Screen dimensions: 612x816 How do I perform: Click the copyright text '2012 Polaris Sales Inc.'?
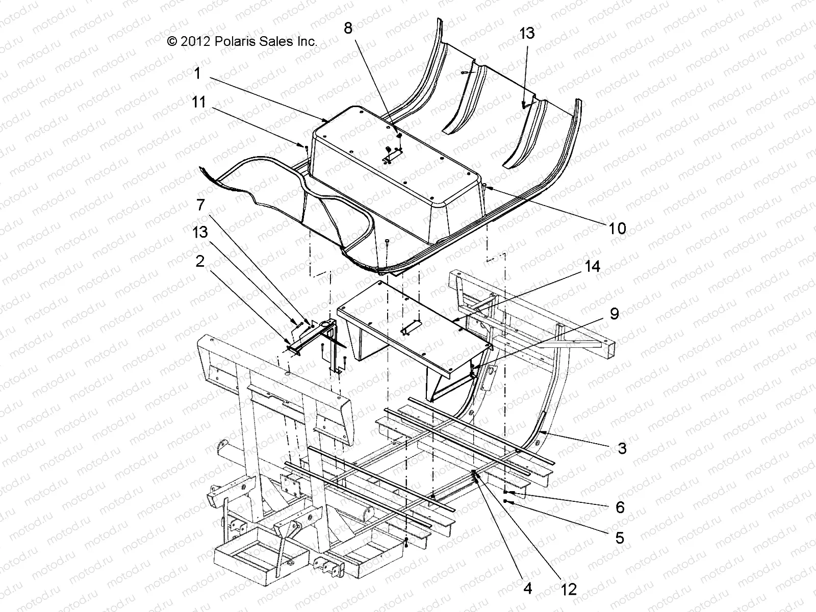coord(243,42)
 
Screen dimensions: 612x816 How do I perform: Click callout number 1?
coord(197,73)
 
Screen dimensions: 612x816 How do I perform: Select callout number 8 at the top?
coord(348,29)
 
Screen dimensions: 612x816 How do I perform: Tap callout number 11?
coord(198,103)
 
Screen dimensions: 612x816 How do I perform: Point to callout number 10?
coord(618,228)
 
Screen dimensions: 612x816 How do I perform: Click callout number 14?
coord(593,266)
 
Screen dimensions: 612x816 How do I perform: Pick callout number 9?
coord(614,314)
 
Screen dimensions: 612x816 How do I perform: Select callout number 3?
coord(622,449)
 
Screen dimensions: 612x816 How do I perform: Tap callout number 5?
coord(620,538)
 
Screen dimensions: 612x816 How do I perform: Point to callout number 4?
coord(528,589)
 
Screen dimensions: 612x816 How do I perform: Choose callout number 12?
coord(569,590)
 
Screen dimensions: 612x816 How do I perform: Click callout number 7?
coord(200,205)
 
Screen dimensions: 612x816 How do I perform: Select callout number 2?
coord(200,261)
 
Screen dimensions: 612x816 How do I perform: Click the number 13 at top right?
coord(527,33)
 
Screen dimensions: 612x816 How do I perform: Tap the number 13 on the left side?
coord(200,232)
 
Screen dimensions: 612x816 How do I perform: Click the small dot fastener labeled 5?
coord(505,502)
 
